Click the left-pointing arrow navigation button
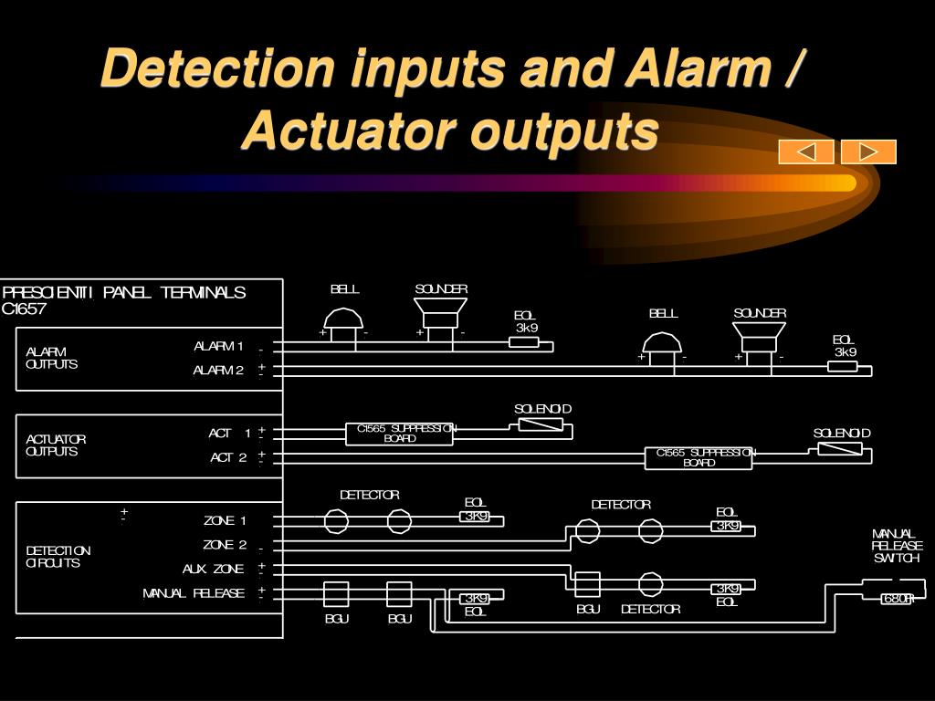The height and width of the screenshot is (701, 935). (805, 152)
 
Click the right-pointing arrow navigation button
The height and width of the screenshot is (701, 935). (868, 152)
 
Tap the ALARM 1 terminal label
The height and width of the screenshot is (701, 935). (218, 346)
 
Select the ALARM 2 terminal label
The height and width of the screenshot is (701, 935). (218, 370)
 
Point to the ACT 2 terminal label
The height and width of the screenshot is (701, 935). (228, 457)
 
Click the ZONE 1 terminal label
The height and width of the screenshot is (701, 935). (225, 521)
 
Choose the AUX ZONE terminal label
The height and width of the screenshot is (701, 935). (214, 569)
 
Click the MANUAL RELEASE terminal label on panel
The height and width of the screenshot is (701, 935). (194, 593)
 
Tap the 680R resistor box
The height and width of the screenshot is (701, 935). (897, 599)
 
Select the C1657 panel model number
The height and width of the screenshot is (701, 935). (24, 309)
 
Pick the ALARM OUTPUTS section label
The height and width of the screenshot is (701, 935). (51, 358)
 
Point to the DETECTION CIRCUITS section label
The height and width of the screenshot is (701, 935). (58, 557)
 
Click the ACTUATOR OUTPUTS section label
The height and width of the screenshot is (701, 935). (56, 445)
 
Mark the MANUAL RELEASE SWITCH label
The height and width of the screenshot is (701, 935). (896, 546)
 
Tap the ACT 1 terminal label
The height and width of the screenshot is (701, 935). (229, 434)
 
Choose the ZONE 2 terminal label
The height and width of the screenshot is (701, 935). (225, 545)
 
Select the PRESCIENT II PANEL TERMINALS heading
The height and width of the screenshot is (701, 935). (124, 293)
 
